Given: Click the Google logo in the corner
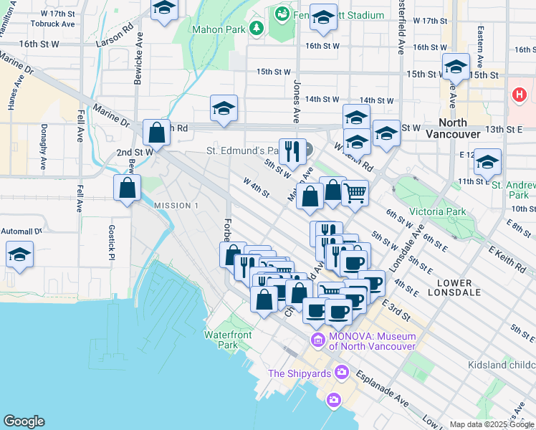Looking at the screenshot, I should tap(24, 421).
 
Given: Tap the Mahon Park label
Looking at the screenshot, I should tap(218, 29).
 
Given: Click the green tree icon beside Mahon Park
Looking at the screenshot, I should tap(256, 29).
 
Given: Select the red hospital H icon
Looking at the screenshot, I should tap(518, 95).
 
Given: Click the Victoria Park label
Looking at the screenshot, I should tap(437, 211).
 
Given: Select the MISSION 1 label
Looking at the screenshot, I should tap(176, 206).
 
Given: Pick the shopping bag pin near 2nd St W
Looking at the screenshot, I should tap(156, 133).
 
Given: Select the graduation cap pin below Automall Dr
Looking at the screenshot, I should tap(19, 255).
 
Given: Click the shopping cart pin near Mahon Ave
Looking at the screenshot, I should tap(355, 192).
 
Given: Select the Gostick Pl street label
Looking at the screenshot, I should tap(112, 242).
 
